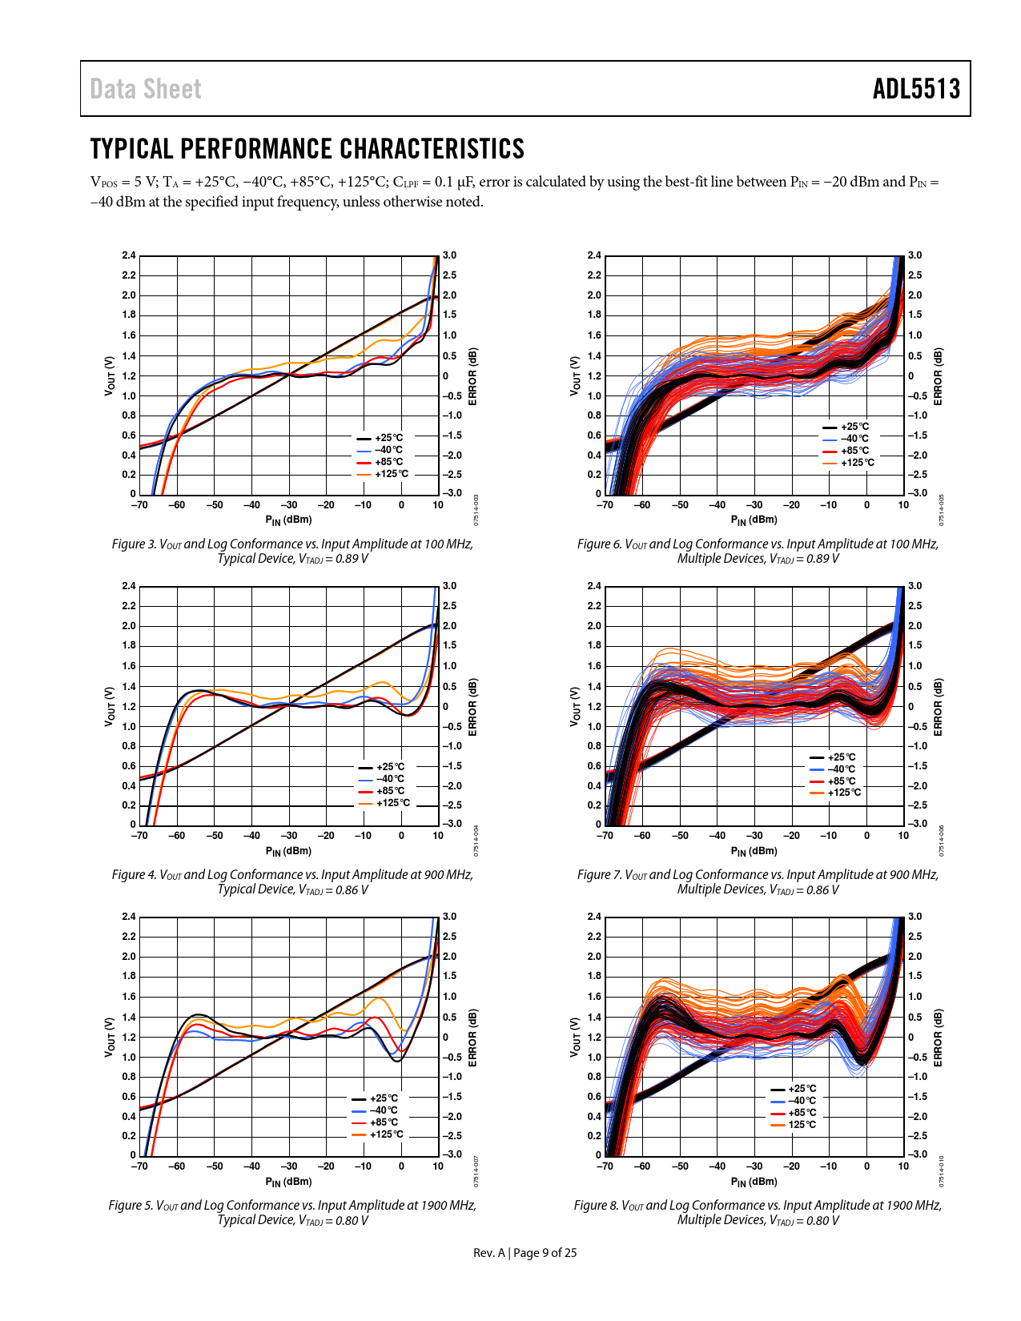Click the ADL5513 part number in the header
point(916,89)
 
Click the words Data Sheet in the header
point(146,89)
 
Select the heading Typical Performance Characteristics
point(308,149)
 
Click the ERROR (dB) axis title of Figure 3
point(472,376)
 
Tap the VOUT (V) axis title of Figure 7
point(575,706)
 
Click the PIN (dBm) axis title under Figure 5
point(288,1182)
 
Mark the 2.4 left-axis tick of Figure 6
point(593,255)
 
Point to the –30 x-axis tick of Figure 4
point(288,836)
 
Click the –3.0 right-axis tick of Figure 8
point(918,1154)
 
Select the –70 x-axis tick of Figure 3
point(139,505)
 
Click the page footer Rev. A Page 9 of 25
point(525,1253)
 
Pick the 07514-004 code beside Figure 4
point(476,841)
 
